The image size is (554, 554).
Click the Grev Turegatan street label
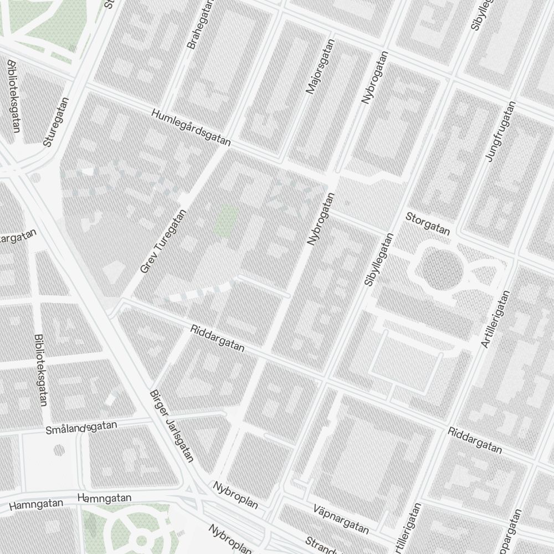(164, 242)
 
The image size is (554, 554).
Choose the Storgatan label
(428, 223)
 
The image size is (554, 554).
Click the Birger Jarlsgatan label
(172, 425)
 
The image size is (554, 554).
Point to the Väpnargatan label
(341, 519)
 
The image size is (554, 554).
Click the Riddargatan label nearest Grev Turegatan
(217, 338)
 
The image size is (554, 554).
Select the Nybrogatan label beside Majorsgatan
(375, 78)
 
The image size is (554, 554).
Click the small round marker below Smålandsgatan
(59, 449)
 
